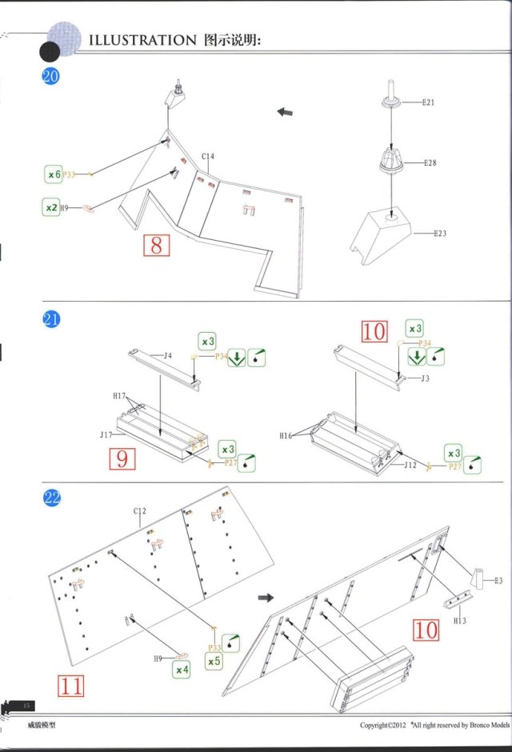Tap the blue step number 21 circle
(51, 320)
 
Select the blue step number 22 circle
(51, 498)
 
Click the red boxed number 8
(155, 245)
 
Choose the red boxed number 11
(70, 685)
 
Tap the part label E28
(430, 162)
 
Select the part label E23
(440, 234)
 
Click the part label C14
(208, 157)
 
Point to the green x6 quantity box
(54, 174)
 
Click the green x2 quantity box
(50, 207)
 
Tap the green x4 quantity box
(182, 669)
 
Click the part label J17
(106, 436)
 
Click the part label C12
(140, 511)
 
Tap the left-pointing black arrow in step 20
(285, 112)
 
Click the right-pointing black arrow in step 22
(266, 598)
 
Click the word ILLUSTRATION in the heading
(142, 39)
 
